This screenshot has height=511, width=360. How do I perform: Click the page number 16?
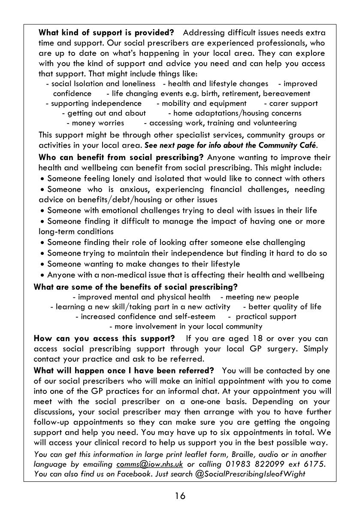point(180,496)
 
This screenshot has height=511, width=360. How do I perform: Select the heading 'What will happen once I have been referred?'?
point(124,370)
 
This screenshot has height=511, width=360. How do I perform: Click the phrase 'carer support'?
point(293,103)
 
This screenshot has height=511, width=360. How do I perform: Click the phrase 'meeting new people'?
point(262,297)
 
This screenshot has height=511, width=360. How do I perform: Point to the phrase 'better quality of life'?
point(285,307)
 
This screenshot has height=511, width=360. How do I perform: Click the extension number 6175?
point(316,464)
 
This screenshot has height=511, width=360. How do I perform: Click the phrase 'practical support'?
point(266,317)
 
